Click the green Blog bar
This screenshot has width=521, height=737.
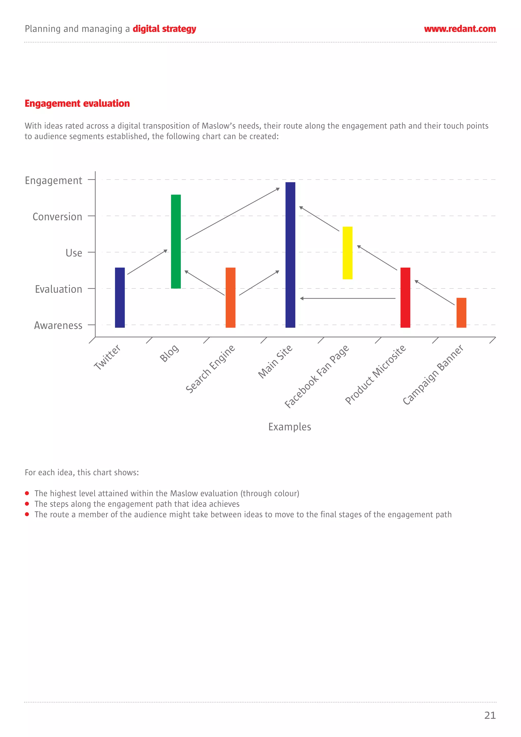coord(176,241)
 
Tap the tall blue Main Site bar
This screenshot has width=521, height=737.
coord(290,255)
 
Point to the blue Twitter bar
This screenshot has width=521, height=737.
coord(120,298)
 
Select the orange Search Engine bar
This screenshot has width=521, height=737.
coord(230,298)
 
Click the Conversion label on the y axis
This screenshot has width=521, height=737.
coord(57,217)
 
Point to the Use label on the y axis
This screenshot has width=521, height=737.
coord(74,253)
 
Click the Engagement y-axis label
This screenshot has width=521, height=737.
coord(54,180)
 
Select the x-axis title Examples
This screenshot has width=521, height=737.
coord(290,427)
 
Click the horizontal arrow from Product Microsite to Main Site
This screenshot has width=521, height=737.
coord(348,298)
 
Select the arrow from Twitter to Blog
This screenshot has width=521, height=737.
coord(147,262)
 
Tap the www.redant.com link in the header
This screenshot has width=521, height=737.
coord(460,29)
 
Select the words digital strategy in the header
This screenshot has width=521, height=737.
coord(164,29)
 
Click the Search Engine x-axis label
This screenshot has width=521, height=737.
coord(211,369)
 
